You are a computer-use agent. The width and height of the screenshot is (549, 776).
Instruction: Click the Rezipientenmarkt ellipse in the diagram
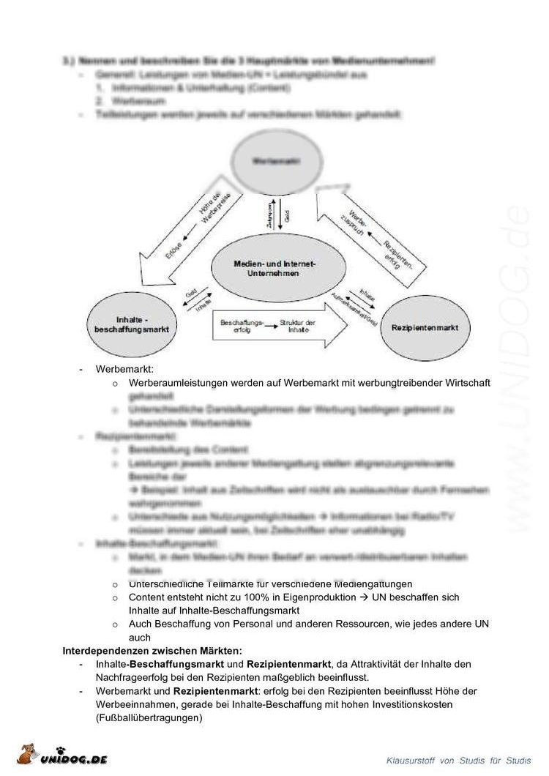[x=425, y=327]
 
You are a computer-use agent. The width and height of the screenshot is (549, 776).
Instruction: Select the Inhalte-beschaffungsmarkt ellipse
[x=132, y=325]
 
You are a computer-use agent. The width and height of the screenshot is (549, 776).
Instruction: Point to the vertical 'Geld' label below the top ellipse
[x=288, y=217]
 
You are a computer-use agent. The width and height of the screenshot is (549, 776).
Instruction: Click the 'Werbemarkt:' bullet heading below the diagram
[x=124, y=369]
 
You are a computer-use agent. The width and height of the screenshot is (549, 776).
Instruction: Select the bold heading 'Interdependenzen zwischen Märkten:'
[x=152, y=650]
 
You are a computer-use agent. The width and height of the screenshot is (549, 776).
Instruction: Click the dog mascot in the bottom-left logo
[x=27, y=755]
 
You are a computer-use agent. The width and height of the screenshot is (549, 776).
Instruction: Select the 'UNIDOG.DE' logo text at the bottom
[x=73, y=759]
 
